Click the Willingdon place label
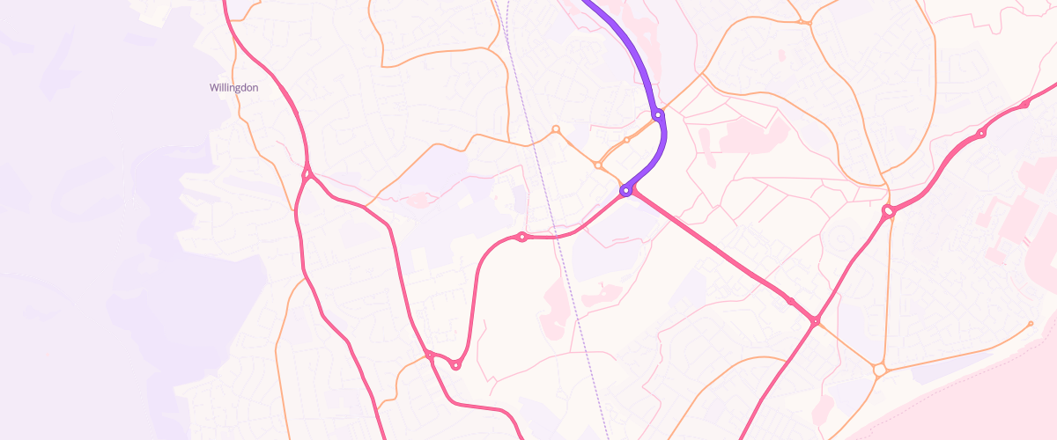pos(233,88)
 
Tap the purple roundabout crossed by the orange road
pos(658,114)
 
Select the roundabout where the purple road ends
pos(625,190)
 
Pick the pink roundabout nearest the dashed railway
pos(522,236)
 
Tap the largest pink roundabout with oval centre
pos(889,211)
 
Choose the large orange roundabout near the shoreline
pos(879,370)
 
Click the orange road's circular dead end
pos(1031,324)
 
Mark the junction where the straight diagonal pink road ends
pos(816,321)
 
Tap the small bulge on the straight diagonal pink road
pos(791,302)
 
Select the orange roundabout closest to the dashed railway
pos(556,129)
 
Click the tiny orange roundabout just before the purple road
pos(626,140)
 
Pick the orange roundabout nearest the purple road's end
pos(598,165)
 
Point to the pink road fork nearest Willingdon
pos(307,174)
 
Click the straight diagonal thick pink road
pos(713,246)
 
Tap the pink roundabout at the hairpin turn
pos(455,364)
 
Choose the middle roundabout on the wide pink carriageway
pos(981,134)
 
